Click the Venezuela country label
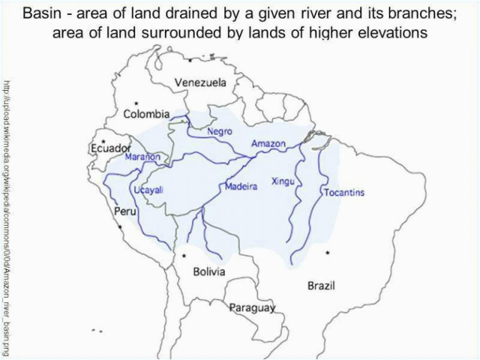[200, 82]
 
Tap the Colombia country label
[146, 114]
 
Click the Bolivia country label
[209, 272]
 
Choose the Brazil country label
[321, 286]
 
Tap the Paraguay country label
[252, 307]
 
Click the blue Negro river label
[219, 132]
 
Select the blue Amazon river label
[268, 144]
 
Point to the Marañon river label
[143, 157]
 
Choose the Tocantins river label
[344, 192]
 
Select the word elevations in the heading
[387, 32]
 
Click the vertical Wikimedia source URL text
[7, 216]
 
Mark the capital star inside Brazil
[327, 252]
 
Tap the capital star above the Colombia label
[136, 102]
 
